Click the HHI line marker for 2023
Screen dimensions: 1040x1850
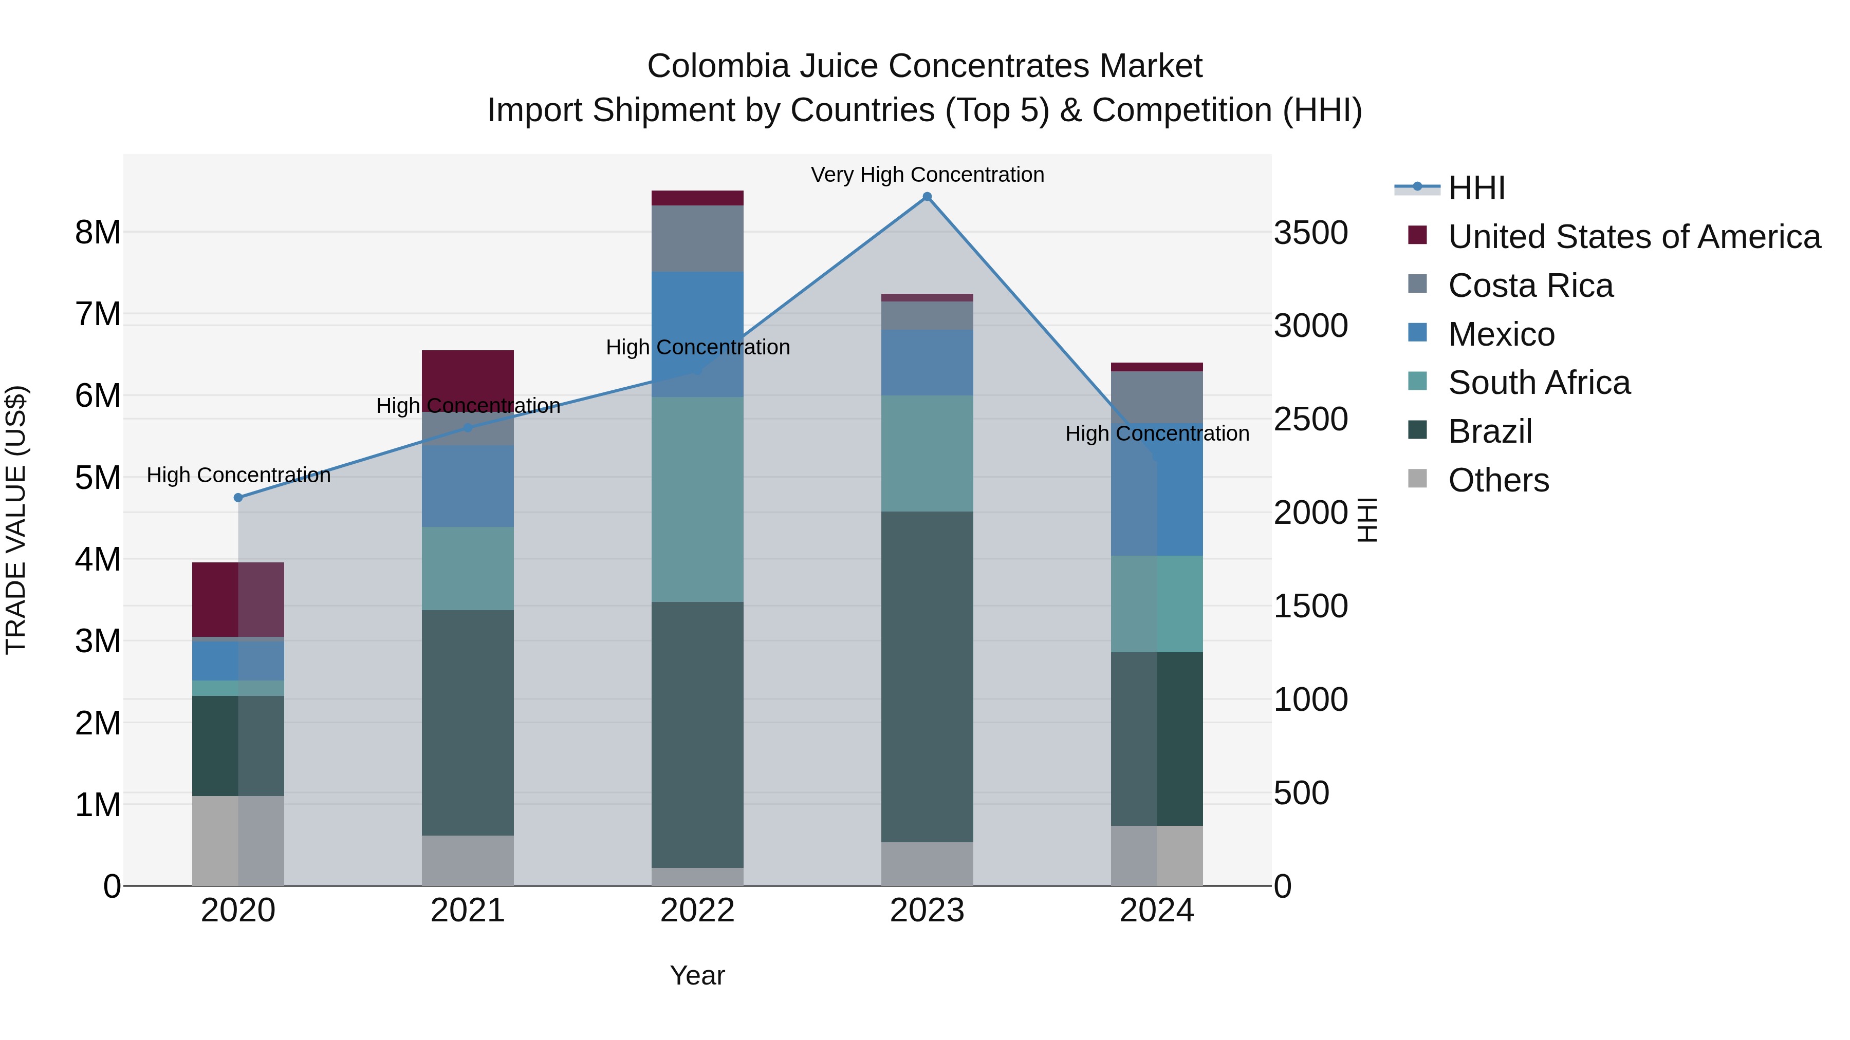click(x=927, y=197)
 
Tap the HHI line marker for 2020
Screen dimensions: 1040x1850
click(x=238, y=497)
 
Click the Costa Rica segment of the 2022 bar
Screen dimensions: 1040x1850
click(x=697, y=238)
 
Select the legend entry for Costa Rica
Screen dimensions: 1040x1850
click(x=1530, y=286)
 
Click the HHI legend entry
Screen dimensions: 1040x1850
click(x=1476, y=188)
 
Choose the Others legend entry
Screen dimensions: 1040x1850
click(x=1498, y=480)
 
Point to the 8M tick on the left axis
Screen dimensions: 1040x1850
click(x=98, y=233)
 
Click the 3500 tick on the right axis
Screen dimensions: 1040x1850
click(x=1310, y=233)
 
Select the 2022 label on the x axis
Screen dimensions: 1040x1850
click(x=697, y=911)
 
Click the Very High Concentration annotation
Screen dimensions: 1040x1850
click(x=927, y=175)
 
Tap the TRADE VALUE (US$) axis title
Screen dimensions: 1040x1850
click(x=16, y=520)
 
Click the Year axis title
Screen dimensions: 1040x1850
click(x=697, y=975)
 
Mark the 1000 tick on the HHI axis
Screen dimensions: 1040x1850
click(x=1310, y=700)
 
